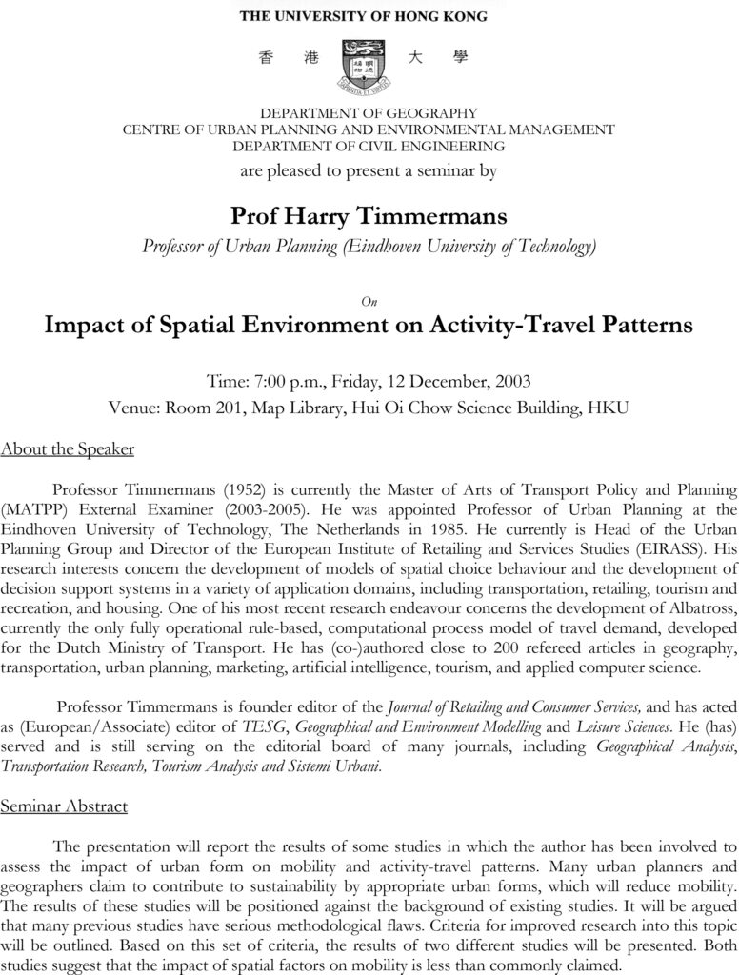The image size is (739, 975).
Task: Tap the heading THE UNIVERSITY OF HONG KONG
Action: pyautogui.click(x=363, y=16)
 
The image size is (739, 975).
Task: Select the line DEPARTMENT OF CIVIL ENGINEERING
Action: pyautogui.click(x=369, y=146)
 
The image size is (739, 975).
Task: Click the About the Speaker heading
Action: pyautogui.click(x=67, y=448)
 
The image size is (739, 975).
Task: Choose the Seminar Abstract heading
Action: pyautogui.click(x=64, y=806)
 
